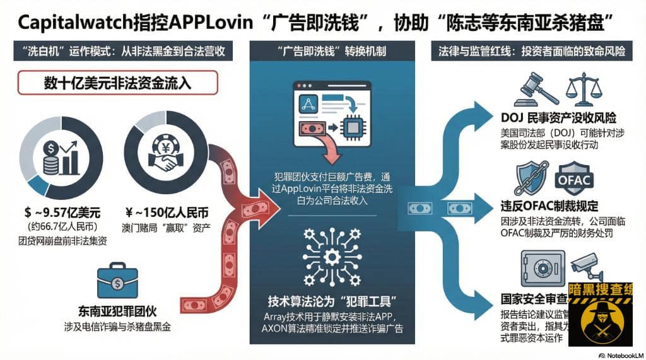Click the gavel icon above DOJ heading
[x=536, y=89]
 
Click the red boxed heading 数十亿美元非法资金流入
[x=117, y=83]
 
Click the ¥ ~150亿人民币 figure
[x=158, y=211]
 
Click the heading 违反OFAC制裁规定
[x=549, y=206]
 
